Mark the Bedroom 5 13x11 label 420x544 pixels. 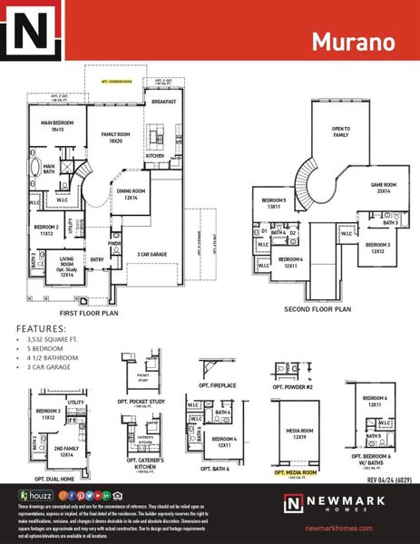274,203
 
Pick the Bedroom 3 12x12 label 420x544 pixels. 379,248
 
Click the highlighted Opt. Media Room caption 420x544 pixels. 295,472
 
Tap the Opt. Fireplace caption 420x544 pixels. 216,400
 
